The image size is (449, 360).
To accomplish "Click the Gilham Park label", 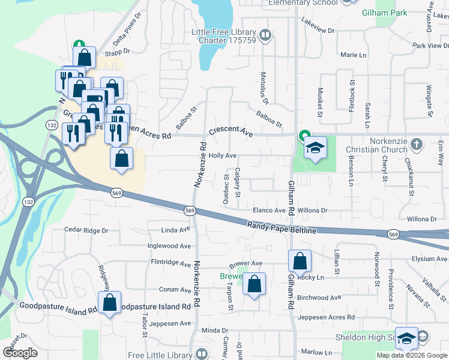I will [x=384, y=13].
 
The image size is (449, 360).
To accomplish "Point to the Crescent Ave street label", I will [x=231, y=131].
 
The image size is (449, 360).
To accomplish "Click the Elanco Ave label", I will [x=269, y=211].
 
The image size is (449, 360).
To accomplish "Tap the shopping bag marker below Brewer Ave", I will [x=255, y=284].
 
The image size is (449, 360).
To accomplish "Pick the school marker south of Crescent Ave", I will [x=315, y=148].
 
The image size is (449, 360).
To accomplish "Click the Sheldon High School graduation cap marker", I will [x=406, y=339].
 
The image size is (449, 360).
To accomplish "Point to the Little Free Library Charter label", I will [x=223, y=37].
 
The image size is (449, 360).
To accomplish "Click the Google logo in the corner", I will [x=20, y=353].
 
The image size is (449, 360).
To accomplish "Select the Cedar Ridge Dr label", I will [x=86, y=230].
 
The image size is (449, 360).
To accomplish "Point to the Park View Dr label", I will [x=427, y=46].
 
